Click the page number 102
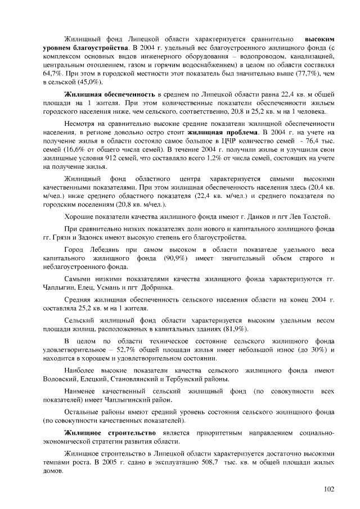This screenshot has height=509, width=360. tap(329, 488)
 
